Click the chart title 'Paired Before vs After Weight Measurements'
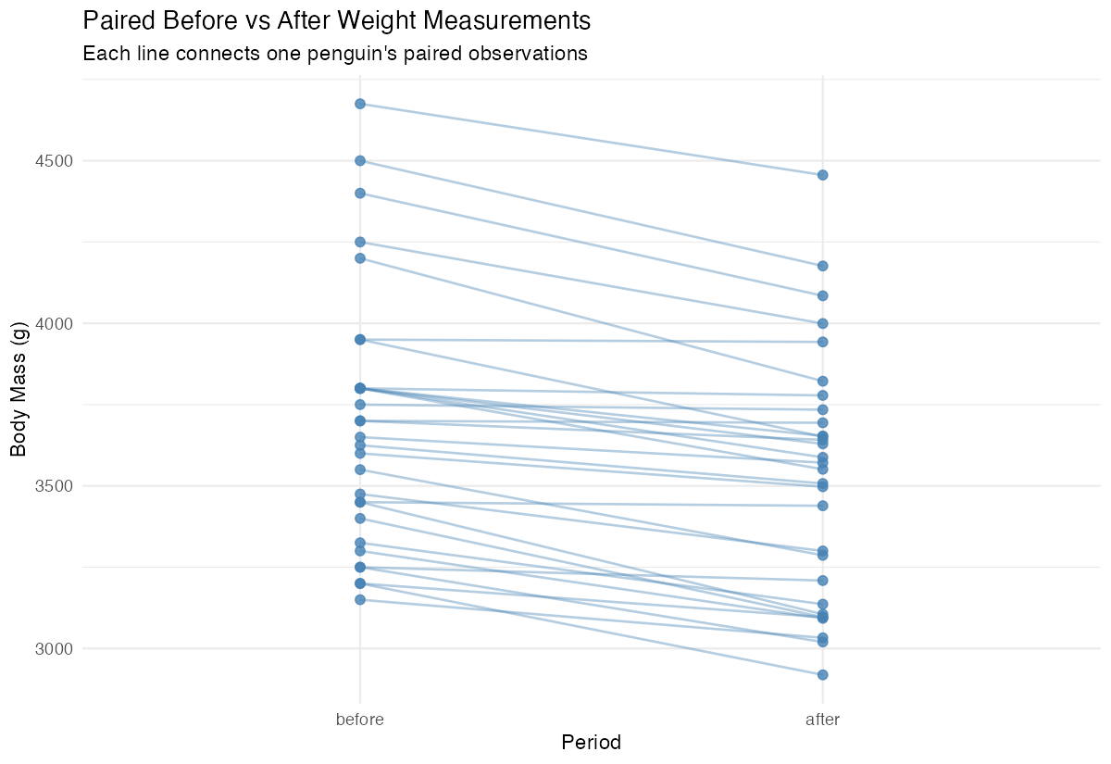tap(336, 19)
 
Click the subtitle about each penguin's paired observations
tap(335, 54)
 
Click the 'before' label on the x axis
tap(360, 719)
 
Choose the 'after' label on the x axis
tap(822, 719)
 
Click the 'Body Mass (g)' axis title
tap(19, 389)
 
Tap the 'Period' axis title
tap(591, 743)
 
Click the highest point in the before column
tap(360, 104)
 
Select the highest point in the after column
tap(822, 175)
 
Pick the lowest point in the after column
tap(822, 674)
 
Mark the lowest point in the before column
tap(360, 599)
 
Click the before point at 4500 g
tap(360, 161)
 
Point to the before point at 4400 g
tap(360, 194)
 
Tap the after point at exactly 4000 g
tap(822, 323)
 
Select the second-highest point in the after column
tap(822, 266)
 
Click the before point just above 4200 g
tap(360, 242)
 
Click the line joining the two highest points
tap(591, 139)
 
